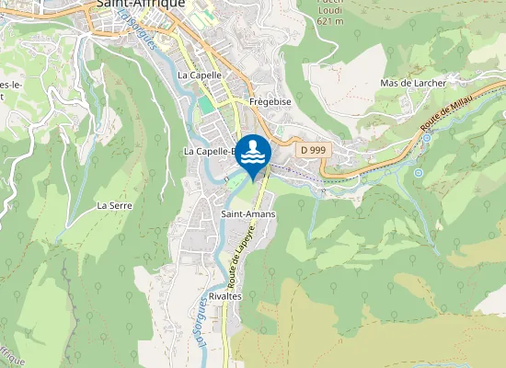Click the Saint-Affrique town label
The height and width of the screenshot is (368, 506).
click(140, 5)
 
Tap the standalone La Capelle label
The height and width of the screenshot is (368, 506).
click(200, 75)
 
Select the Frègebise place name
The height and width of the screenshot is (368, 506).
click(270, 102)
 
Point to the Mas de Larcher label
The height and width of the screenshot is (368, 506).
click(413, 83)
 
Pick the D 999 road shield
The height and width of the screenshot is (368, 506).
click(313, 149)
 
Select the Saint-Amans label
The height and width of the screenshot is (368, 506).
click(247, 213)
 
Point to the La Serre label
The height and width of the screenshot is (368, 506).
click(115, 205)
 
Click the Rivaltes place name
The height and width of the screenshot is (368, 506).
click(224, 296)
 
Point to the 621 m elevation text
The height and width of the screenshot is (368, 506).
click(328, 19)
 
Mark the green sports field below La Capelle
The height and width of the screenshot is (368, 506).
click(205, 105)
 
